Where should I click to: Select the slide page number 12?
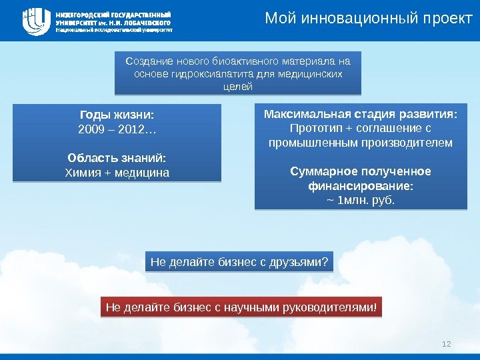tap(447, 343)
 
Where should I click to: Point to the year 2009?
tap(91, 128)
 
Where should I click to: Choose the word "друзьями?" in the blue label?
tap(303, 262)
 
